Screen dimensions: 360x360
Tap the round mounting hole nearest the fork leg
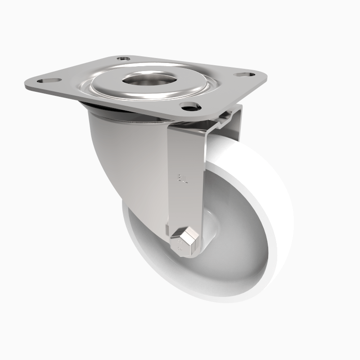(190, 106)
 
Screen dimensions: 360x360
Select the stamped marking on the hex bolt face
(180, 246)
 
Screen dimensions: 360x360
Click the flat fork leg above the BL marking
(184, 148)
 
